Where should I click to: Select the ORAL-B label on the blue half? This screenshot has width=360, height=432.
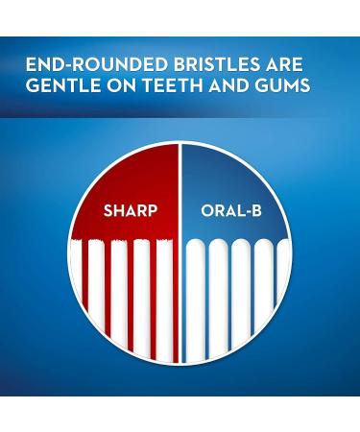pos(231,210)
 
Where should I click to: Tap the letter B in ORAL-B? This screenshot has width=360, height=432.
pos(254,210)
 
